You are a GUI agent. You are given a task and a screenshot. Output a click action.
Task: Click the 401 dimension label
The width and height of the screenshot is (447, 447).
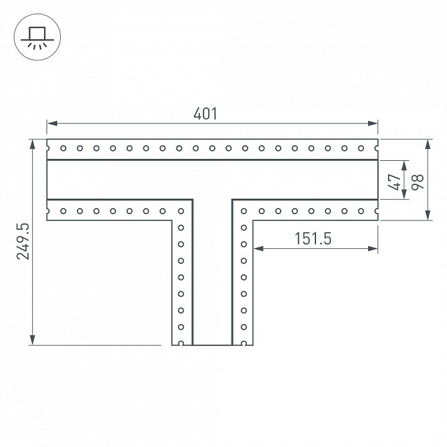[x=205, y=114]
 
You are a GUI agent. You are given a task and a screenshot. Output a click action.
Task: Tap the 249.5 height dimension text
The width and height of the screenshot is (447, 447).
[x=23, y=242]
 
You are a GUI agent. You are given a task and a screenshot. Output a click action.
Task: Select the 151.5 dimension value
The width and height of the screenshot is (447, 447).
[x=313, y=238]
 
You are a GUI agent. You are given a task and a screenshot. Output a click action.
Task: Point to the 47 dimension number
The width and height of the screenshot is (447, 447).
[x=395, y=182]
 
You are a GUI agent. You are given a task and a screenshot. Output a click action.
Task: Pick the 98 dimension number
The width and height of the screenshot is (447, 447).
[x=417, y=181]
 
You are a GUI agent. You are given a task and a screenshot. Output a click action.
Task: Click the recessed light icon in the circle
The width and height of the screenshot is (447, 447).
[x=37, y=37]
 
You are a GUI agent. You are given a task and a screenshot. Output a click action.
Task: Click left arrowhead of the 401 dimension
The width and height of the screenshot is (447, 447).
[x=52, y=124]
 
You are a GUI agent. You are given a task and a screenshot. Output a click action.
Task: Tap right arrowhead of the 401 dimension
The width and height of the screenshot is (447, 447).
[x=372, y=124]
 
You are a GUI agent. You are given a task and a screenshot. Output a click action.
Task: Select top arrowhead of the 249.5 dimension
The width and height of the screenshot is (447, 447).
[x=32, y=145]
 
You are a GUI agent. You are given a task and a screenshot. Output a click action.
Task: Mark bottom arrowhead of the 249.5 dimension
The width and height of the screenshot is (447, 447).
[x=32, y=340]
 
